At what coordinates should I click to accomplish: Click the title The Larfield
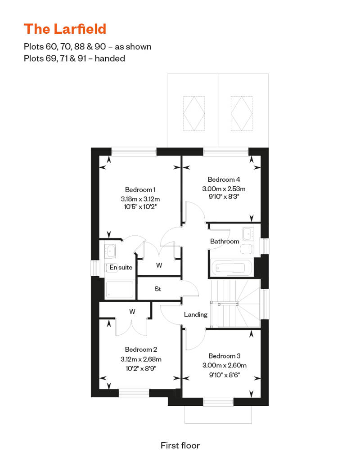coord(65,29)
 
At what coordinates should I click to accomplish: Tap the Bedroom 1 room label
coord(140,190)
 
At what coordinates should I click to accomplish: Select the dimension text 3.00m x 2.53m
coord(224,189)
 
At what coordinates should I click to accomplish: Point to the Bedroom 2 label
coord(141,349)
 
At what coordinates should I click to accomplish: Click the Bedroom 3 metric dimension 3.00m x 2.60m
coord(225,365)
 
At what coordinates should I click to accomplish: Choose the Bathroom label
coord(225,241)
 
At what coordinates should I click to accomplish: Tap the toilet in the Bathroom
coord(247,249)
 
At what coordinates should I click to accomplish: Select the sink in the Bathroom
coord(247,233)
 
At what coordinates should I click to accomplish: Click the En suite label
coord(121,268)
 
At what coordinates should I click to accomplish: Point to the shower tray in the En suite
coord(120,289)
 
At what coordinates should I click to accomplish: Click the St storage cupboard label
coord(158,289)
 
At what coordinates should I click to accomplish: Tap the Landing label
coord(196,314)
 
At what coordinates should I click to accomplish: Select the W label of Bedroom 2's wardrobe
coord(132,311)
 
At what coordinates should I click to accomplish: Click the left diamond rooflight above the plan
coord(194,113)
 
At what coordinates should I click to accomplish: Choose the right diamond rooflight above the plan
coord(242,113)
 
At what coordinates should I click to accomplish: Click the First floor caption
coord(180,445)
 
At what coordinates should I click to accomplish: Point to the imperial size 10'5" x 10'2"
coord(140,206)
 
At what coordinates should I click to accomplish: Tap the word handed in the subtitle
coord(110,58)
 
